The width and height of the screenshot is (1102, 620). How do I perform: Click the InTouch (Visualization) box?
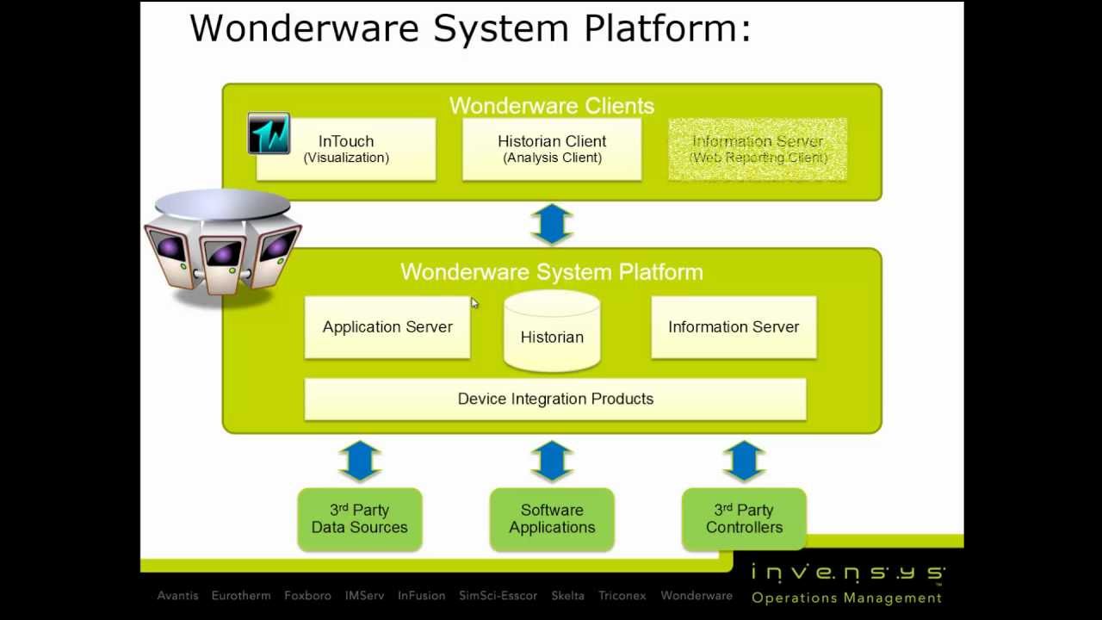tap(346, 149)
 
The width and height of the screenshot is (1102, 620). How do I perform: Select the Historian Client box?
tap(552, 149)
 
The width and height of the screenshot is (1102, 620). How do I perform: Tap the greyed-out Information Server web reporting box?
tap(758, 149)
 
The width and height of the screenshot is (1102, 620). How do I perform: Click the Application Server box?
tap(387, 327)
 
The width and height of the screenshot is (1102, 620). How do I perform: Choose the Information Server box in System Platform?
tap(734, 327)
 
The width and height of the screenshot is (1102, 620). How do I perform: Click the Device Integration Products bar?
tap(555, 399)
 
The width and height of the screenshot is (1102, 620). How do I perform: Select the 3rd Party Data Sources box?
tap(360, 518)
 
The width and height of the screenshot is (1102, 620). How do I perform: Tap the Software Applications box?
tap(552, 518)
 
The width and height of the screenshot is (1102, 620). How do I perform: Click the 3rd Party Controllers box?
tap(744, 518)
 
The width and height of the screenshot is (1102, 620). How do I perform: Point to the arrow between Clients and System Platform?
tap(552, 225)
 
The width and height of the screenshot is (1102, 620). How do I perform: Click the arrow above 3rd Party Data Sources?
tap(360, 461)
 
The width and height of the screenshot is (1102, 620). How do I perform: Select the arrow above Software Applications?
tap(552, 461)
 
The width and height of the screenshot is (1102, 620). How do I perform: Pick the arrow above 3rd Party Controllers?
tap(744, 461)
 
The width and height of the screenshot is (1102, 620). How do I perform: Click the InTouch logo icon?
tap(269, 133)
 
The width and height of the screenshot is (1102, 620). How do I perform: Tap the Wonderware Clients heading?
tap(552, 106)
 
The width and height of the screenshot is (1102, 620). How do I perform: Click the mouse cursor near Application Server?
tap(474, 303)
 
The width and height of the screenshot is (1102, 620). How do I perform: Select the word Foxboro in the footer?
tap(307, 595)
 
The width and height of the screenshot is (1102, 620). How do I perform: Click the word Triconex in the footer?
tap(622, 595)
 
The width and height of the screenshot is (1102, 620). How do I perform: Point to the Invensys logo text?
tap(847, 573)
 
